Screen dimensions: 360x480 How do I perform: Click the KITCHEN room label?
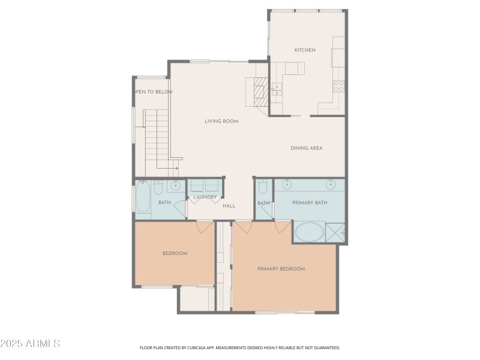click(304, 50)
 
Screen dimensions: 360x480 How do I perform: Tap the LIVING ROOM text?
click(221, 121)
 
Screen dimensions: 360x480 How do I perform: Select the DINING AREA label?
click(307, 148)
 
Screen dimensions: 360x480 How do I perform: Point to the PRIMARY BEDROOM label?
click(281, 269)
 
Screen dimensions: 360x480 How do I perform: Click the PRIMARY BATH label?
click(310, 203)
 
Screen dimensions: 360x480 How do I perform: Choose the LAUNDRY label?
click(205, 197)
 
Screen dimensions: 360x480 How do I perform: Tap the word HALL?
click(229, 206)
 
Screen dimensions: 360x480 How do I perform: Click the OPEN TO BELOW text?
click(153, 92)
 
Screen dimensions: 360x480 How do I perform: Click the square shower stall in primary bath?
click(335, 232)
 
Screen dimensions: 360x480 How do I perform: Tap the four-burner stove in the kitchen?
click(338, 86)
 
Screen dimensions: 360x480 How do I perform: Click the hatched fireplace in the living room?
click(260, 92)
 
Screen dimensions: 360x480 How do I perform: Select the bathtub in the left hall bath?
click(143, 197)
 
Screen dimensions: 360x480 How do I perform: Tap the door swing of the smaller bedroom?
click(205, 227)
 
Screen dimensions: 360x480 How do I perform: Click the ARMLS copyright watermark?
click(30, 344)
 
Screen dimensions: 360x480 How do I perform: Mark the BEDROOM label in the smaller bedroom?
click(175, 253)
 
